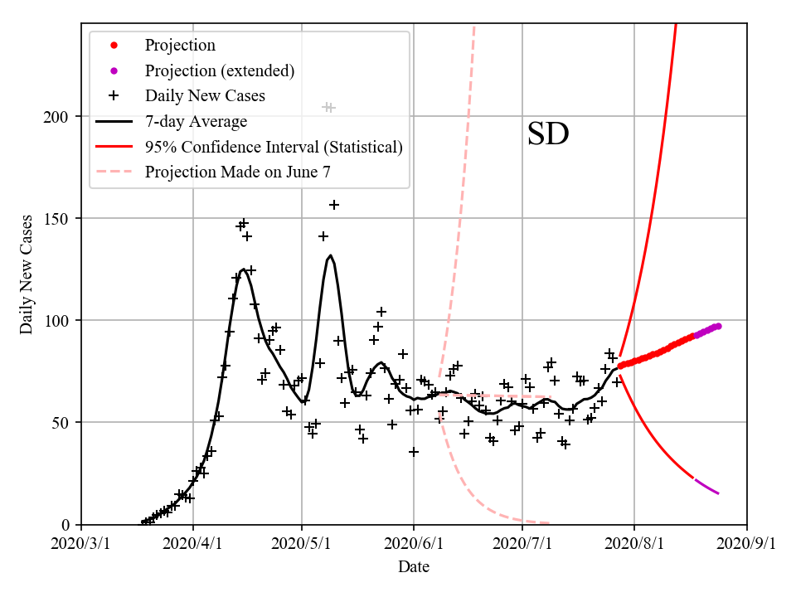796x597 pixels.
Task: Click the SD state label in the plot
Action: [x=548, y=134]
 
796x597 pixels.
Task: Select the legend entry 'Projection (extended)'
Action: [x=219, y=70]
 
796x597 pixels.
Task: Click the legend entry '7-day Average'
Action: [x=196, y=122]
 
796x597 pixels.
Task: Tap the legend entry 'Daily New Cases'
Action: [x=205, y=96]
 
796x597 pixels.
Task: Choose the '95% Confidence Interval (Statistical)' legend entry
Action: [x=274, y=147]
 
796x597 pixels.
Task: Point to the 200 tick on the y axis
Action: [x=63, y=116]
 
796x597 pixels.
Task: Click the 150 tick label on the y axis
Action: [x=63, y=218]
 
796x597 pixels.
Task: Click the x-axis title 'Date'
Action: [x=414, y=567]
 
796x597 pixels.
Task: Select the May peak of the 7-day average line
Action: [x=330, y=255]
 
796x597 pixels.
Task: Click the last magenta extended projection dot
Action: [x=718, y=326]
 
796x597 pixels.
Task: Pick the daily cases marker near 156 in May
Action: [x=334, y=205]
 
